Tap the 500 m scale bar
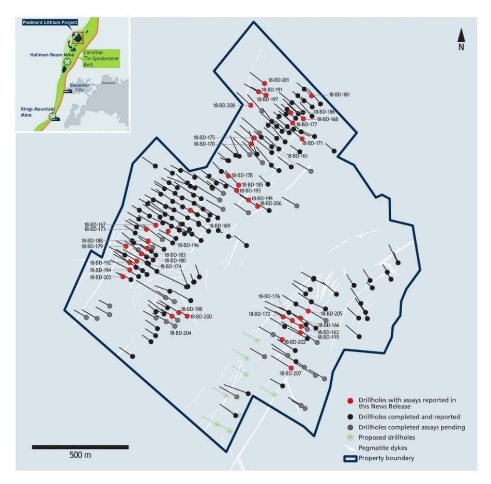(80, 446)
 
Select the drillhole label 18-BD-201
(279, 80)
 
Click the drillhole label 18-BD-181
(339, 94)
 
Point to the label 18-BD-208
(223, 105)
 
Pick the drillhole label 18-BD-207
(289, 373)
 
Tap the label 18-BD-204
(180, 333)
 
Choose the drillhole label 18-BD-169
(219, 225)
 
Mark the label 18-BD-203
(100, 277)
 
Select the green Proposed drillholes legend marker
(350, 437)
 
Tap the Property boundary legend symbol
(350, 458)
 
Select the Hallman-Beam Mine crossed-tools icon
(67, 61)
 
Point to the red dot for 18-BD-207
(291, 367)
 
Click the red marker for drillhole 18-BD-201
(264, 83)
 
